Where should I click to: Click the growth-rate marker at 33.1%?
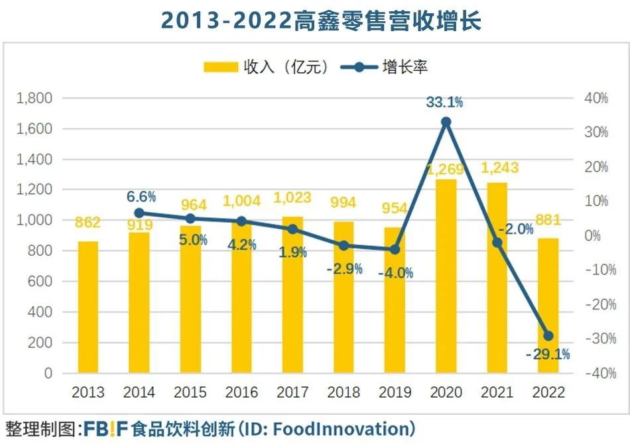point(446,122)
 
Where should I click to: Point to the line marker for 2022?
point(548,335)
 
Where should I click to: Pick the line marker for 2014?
point(139,213)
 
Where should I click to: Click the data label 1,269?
point(446,168)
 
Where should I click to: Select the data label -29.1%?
point(548,354)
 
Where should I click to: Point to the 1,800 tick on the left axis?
point(34,98)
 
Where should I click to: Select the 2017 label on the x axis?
point(292,392)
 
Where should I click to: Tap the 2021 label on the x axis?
point(497,392)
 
